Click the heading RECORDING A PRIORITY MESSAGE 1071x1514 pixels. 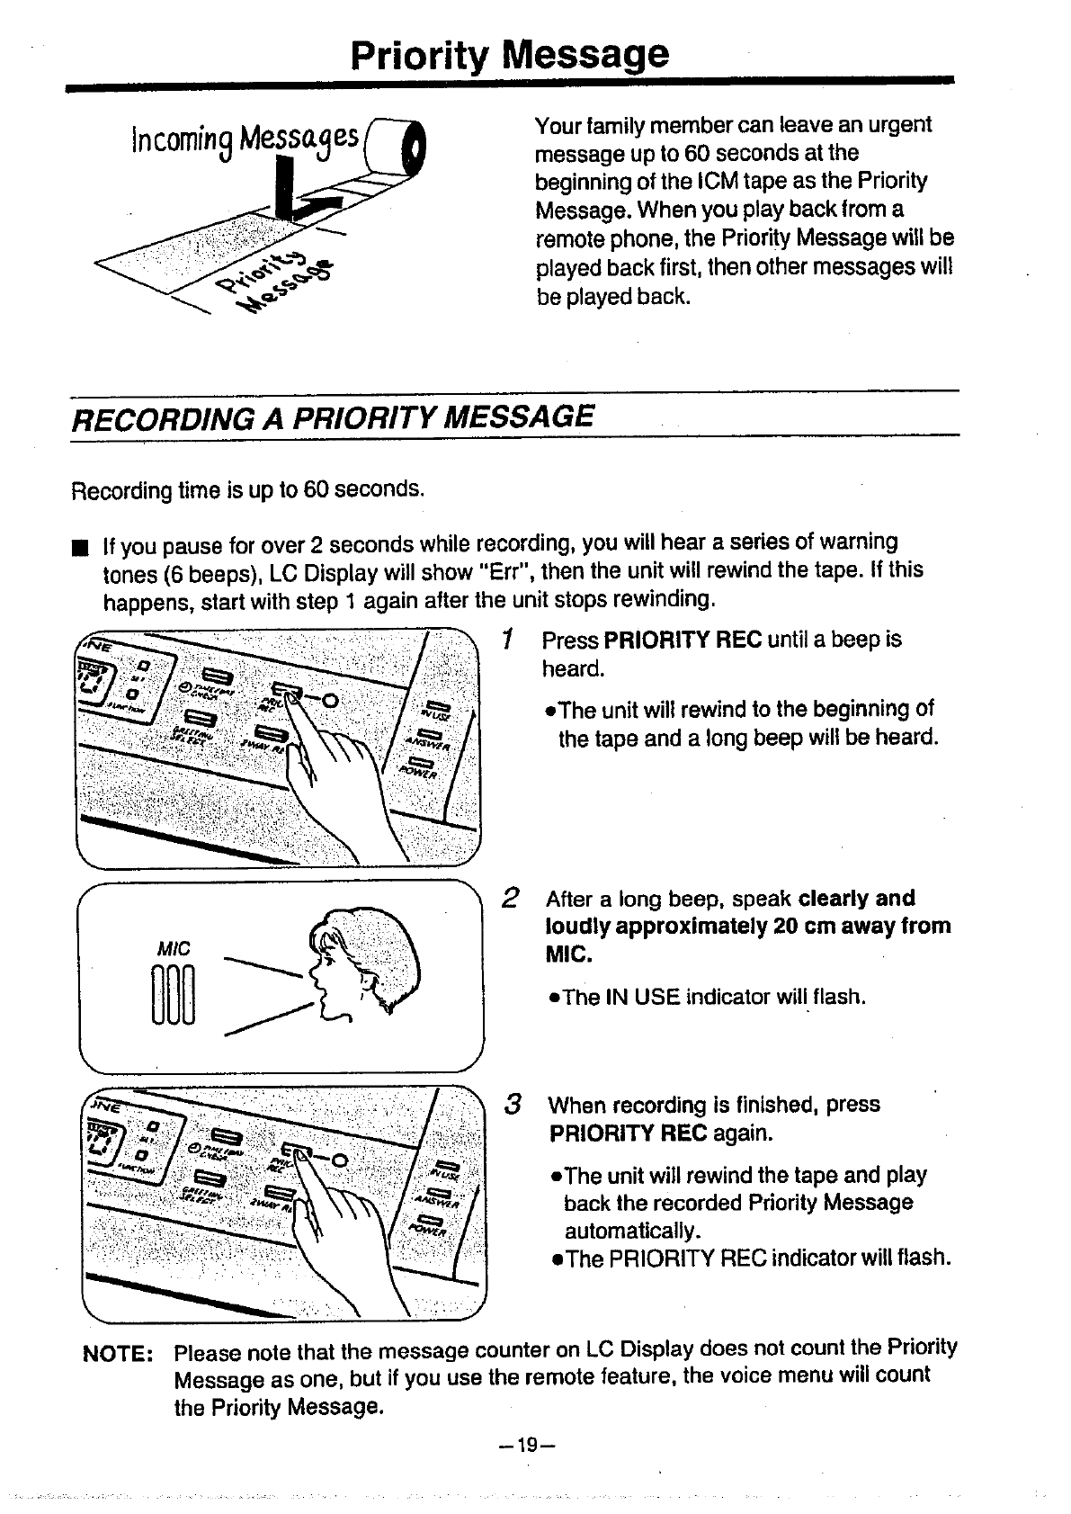click(x=332, y=417)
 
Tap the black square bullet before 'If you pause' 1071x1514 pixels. click(x=80, y=546)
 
